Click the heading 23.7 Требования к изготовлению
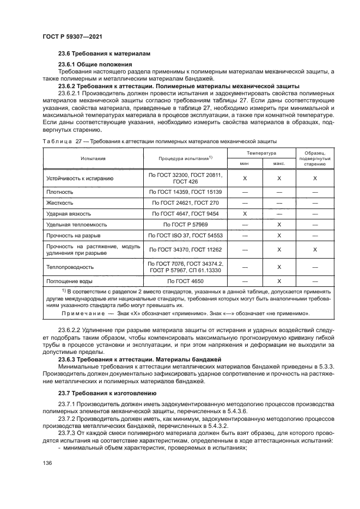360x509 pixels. (x=107, y=393)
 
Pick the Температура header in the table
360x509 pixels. (x=261, y=154)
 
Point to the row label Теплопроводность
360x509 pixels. (x=71, y=267)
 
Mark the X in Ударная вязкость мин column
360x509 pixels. (x=245, y=214)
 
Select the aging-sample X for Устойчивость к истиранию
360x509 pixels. (x=315, y=178)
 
